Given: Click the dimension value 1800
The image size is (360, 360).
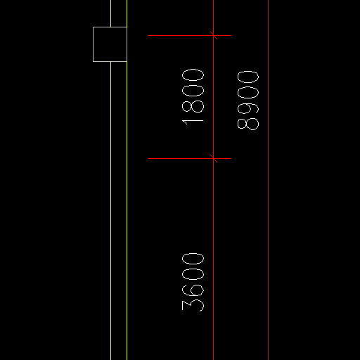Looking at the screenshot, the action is click(193, 97).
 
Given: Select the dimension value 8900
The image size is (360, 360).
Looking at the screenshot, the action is click(248, 101).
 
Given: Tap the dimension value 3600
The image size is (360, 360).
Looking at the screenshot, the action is click(193, 282).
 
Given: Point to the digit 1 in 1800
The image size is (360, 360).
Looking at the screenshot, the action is click(193, 122).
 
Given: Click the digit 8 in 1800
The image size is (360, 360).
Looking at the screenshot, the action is click(193, 107).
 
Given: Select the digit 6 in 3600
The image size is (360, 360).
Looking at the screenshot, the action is click(193, 290).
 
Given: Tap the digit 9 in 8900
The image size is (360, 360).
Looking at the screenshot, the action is click(248, 108).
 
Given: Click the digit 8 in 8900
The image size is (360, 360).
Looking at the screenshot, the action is click(248, 124).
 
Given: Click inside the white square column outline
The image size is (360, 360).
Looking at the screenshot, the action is click(110, 44).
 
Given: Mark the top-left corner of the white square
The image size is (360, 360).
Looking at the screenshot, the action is click(93, 27).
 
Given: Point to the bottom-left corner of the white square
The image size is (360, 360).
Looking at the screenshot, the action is click(93, 62).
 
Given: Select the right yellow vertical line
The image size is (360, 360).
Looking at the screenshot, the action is click(127, 180).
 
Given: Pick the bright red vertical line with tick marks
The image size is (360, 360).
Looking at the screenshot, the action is click(214, 180).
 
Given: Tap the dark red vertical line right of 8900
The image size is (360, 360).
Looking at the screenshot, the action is click(269, 180).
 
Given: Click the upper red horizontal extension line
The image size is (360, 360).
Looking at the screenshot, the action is click(189, 35).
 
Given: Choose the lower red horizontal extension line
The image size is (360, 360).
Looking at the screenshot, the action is click(189, 159).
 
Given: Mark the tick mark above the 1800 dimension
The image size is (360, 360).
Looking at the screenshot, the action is click(214, 35).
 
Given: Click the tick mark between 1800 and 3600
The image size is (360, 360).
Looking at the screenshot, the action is click(214, 159).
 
